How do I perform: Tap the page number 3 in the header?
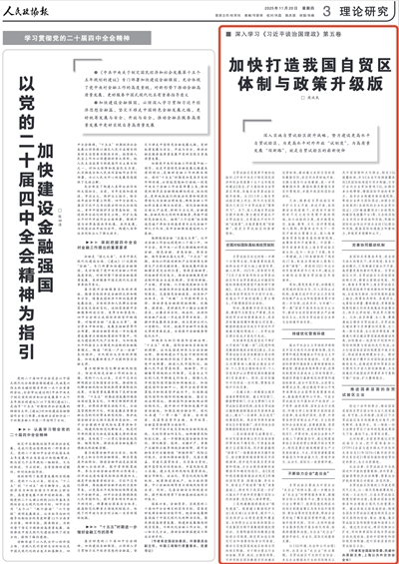click(x=325, y=11)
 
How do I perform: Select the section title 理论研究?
click(x=363, y=11)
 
